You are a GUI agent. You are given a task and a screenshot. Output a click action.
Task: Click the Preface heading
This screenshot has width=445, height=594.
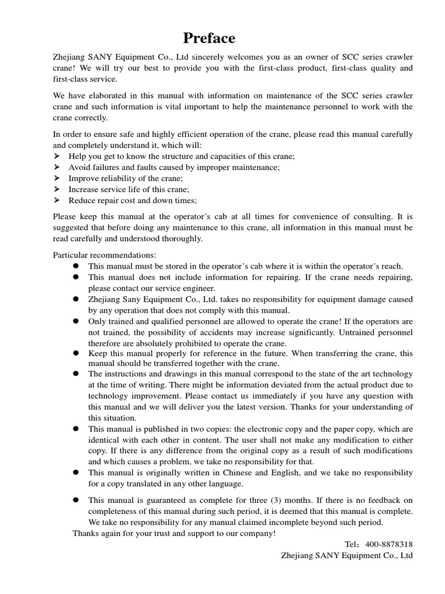click(209, 38)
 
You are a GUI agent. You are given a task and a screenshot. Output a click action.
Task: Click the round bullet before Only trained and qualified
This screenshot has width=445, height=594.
click(76, 321)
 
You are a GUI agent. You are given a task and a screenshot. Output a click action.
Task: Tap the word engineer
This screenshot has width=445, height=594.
click(196, 288)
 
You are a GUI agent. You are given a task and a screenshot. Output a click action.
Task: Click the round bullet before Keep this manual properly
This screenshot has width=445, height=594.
click(76, 353)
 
